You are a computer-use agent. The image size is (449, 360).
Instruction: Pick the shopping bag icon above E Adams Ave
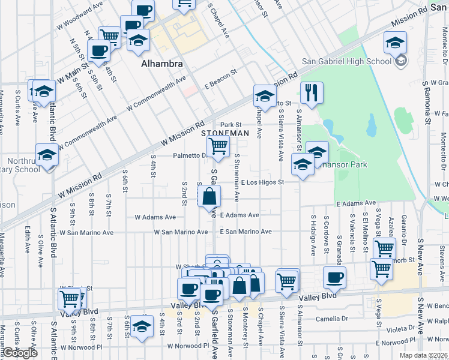pos(209,196)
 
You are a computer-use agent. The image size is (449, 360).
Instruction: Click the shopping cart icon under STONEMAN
pos(218,145)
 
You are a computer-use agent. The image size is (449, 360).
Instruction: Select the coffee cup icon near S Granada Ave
pos(334,277)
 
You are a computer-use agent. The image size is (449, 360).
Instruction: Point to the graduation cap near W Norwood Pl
pos(142,326)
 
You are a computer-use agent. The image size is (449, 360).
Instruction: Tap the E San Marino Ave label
pos(246,232)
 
